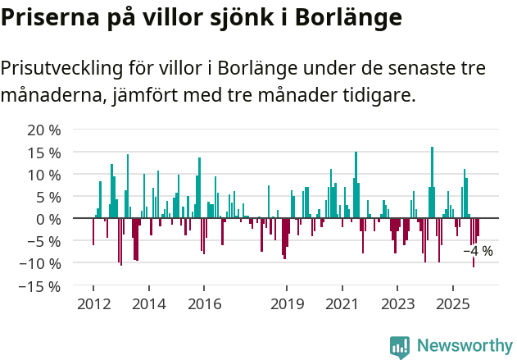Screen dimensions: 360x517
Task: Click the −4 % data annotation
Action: tap(478, 251)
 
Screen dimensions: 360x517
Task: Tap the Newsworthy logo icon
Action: tap(400, 347)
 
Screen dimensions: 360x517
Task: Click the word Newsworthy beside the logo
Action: tap(464, 347)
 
